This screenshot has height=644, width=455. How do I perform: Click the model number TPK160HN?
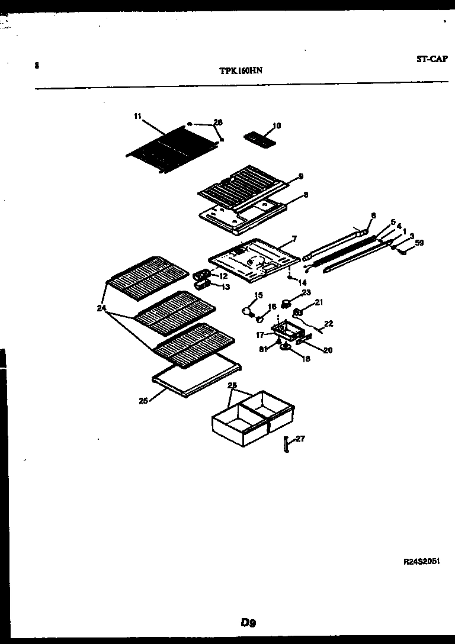241,69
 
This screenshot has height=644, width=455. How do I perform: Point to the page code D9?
248,622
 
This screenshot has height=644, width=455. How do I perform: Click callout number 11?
137,117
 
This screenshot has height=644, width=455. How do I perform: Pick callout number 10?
277,125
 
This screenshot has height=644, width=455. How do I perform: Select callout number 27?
300,439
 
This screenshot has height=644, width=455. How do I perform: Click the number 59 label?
419,242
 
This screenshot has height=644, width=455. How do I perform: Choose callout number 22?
328,323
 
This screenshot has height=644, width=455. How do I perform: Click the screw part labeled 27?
286,445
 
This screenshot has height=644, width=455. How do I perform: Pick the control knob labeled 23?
287,305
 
